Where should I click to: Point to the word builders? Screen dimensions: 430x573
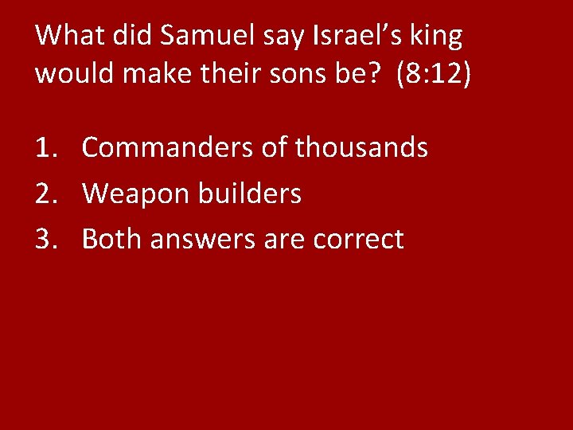pyautogui.click(x=251, y=193)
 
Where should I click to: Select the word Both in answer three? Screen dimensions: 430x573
pyautogui.click(x=110, y=239)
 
